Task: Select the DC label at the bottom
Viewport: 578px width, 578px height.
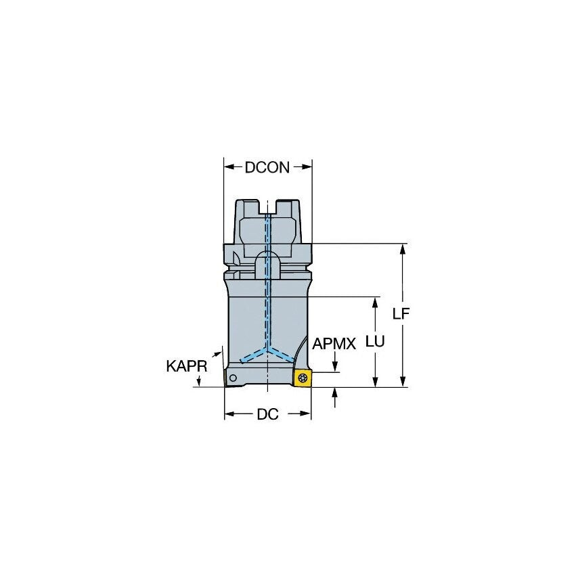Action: pyautogui.click(x=267, y=415)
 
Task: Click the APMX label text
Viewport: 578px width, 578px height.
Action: pyautogui.click(x=334, y=344)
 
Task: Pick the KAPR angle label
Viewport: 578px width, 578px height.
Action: pyautogui.click(x=186, y=366)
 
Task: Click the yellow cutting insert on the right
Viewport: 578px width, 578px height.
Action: pyautogui.click(x=303, y=378)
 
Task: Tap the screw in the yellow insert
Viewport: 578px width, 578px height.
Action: pyautogui.click(x=303, y=378)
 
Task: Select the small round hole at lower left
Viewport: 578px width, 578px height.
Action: pyautogui.click(x=232, y=378)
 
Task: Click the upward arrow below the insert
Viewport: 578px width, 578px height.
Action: pyautogui.click(x=334, y=393)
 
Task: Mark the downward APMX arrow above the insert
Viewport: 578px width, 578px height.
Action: pyautogui.click(x=334, y=366)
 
